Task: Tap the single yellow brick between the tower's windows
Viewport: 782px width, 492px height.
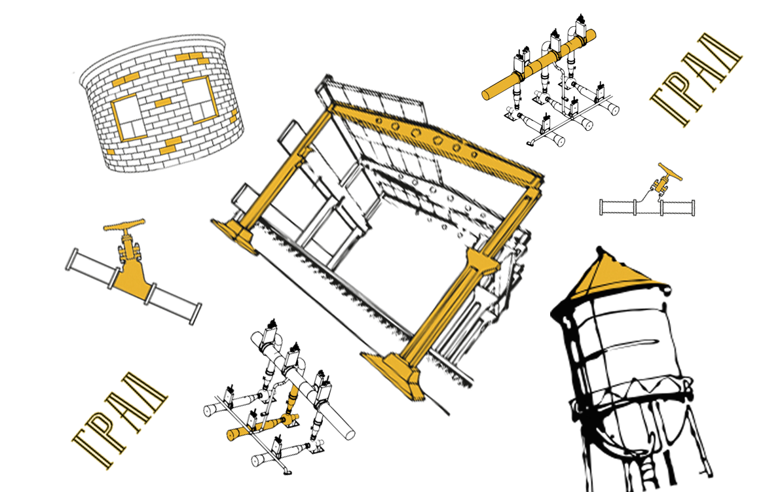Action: (x=162, y=103)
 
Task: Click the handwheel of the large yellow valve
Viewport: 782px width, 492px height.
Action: (x=124, y=225)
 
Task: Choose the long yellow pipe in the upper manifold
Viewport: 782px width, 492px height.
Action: (x=539, y=64)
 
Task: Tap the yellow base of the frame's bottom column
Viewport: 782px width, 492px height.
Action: (x=394, y=374)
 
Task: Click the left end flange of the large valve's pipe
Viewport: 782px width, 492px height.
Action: (x=73, y=260)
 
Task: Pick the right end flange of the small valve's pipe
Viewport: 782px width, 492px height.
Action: (x=693, y=207)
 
